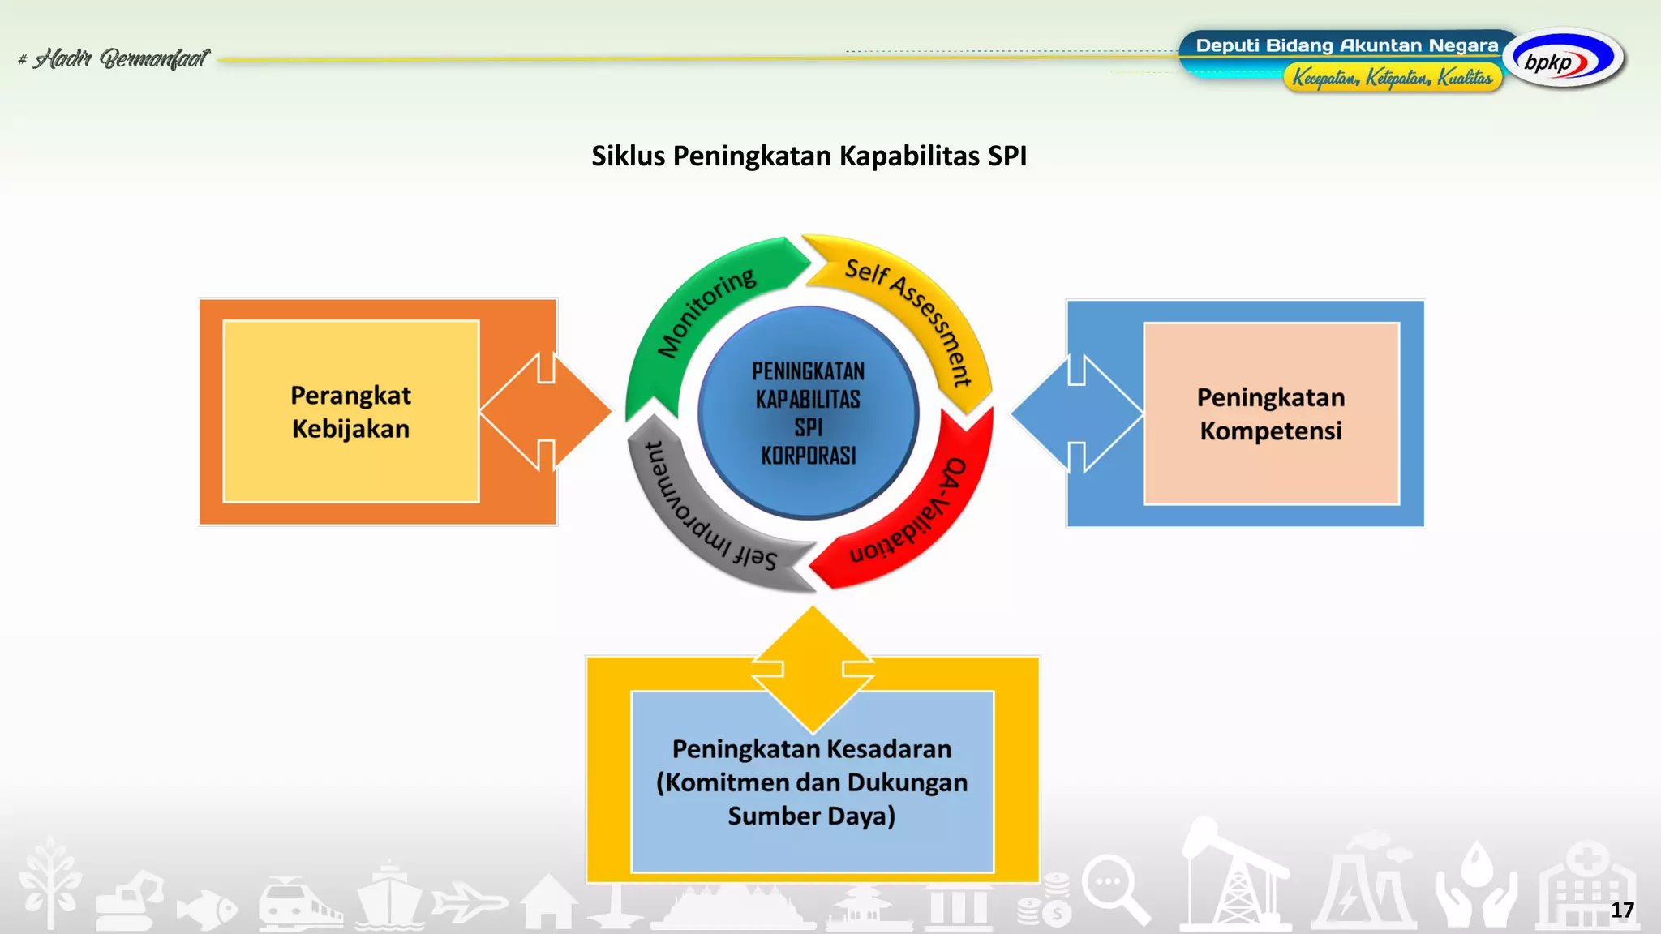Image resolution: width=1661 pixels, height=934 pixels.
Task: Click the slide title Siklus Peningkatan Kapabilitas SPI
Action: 809,156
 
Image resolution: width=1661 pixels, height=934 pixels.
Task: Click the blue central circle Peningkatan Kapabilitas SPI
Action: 809,413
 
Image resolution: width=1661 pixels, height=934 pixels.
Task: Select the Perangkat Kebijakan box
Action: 351,412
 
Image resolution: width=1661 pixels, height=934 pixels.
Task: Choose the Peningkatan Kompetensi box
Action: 1271,414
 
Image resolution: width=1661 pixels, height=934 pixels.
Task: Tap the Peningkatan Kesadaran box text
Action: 812,782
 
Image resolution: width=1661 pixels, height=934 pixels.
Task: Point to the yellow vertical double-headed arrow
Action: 813,670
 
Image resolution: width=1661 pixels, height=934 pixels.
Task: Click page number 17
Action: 1621,910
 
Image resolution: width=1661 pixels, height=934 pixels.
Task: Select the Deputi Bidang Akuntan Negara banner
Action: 1346,45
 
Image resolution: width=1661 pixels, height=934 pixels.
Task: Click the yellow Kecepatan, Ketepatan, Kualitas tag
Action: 1392,78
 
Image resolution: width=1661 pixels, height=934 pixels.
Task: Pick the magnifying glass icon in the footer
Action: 1115,889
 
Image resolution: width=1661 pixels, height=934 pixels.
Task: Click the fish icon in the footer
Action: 207,908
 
